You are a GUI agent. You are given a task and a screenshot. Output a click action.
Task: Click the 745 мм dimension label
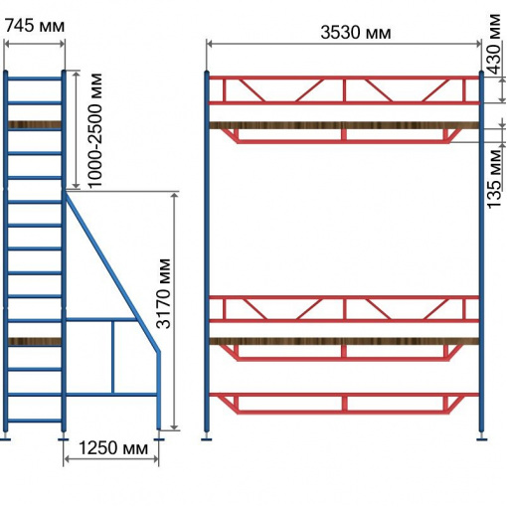(x=35, y=26)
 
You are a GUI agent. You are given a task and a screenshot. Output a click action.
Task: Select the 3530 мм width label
(x=356, y=33)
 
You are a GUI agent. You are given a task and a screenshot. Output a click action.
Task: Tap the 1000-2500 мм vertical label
(x=94, y=130)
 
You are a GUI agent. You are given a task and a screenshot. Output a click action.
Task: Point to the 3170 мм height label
(x=163, y=293)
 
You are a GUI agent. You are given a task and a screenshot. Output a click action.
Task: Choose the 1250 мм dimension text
(x=113, y=448)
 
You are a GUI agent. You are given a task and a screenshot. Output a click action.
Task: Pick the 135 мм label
(x=495, y=179)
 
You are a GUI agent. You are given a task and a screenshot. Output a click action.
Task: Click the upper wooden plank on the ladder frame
(x=35, y=125)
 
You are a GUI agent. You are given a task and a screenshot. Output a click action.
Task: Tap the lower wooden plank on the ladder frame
(x=35, y=342)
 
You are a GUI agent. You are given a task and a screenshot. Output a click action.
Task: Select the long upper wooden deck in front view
(x=344, y=125)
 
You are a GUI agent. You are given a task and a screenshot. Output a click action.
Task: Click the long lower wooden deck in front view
(x=344, y=341)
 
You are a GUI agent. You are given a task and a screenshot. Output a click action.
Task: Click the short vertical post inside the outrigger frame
(x=113, y=357)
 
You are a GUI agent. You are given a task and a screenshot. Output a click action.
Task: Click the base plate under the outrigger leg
(x=159, y=439)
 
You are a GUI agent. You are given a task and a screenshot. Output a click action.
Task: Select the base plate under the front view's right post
(x=481, y=439)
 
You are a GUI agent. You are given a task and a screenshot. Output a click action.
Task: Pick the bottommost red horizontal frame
(x=344, y=404)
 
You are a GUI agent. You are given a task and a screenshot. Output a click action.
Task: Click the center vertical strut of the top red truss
(x=344, y=90)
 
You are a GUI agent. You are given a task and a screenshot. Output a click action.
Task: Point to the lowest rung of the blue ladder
(x=35, y=421)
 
